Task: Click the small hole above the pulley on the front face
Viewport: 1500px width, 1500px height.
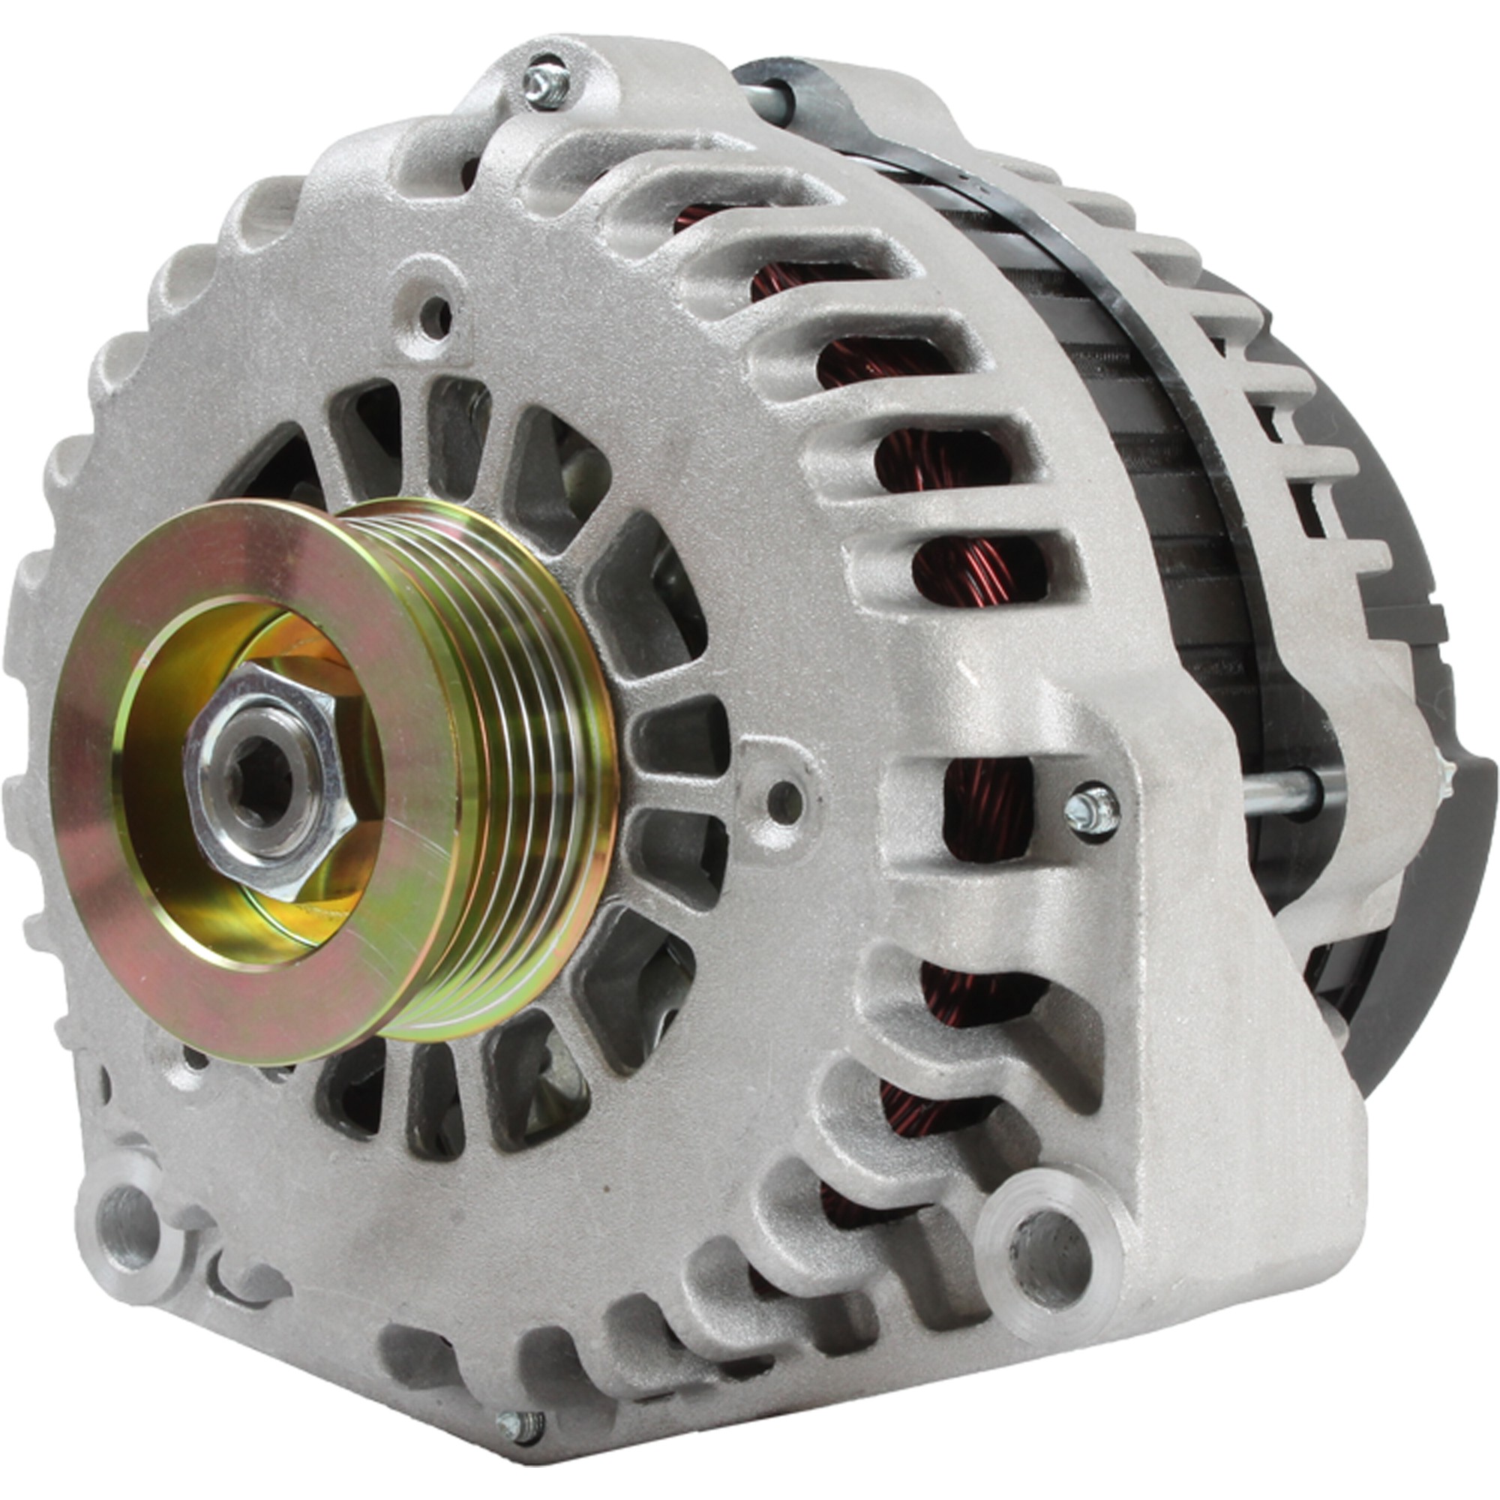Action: [438, 315]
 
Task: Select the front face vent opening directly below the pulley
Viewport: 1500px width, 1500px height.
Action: [435, 1095]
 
